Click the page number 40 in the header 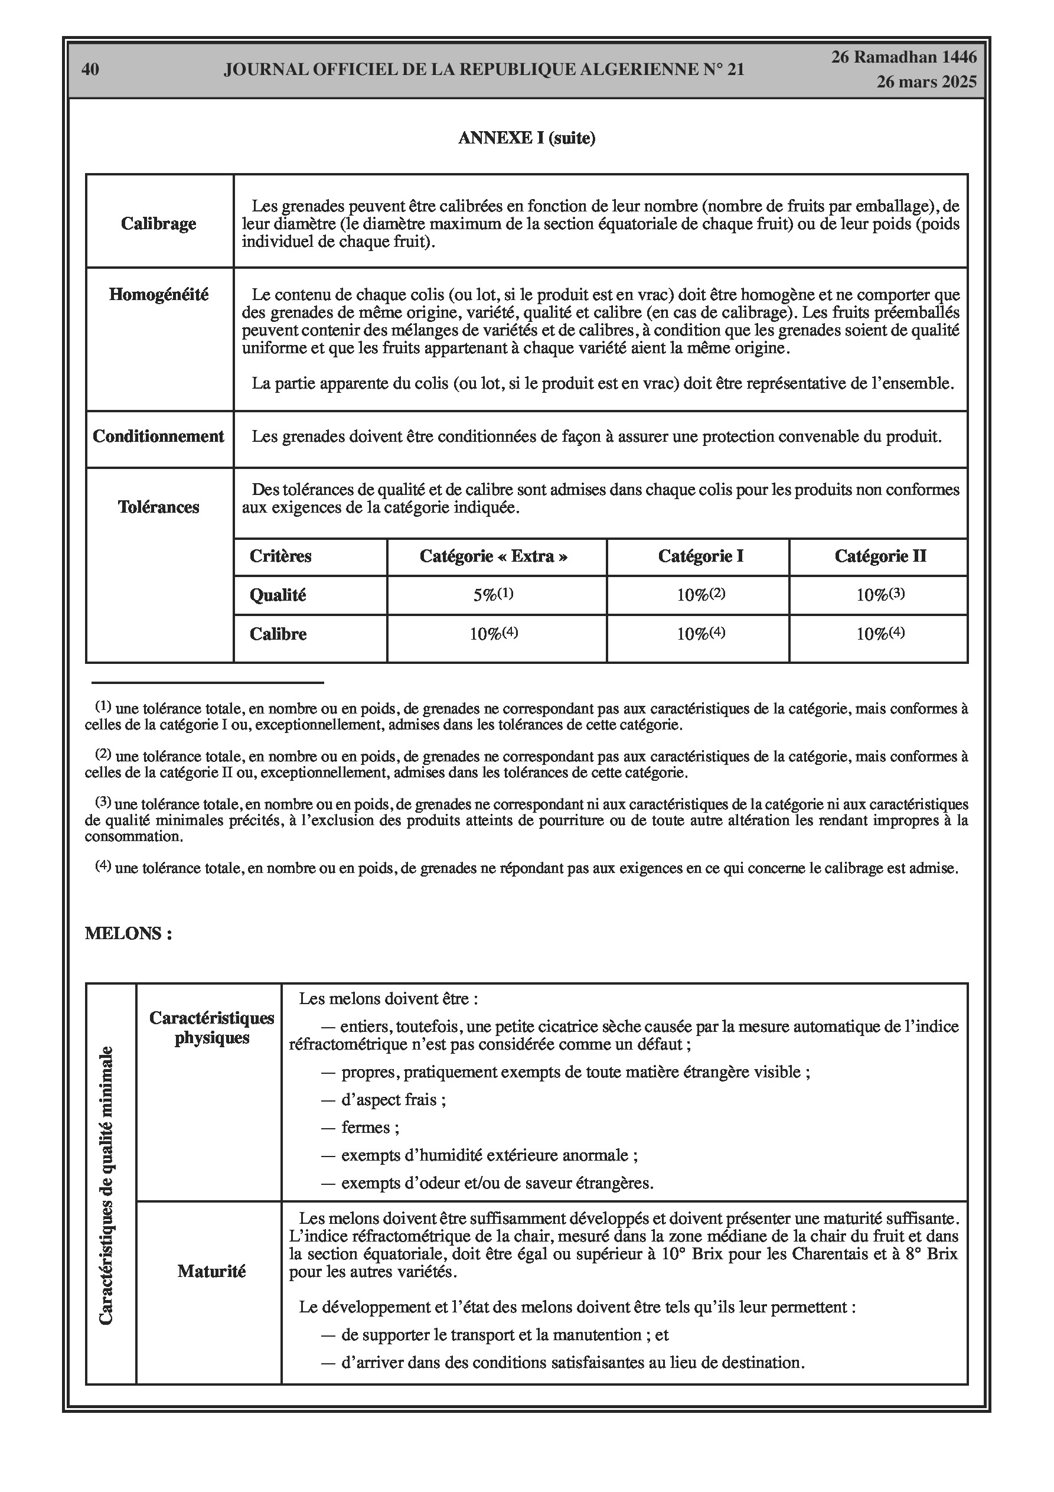click(x=90, y=70)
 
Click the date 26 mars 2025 click(x=926, y=82)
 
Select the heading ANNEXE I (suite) click(x=526, y=138)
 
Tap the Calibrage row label click(x=159, y=223)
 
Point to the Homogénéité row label click(x=159, y=294)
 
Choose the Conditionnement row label click(x=159, y=436)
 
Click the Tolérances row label click(x=159, y=507)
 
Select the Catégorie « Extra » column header click(x=494, y=556)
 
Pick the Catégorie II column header click(x=880, y=556)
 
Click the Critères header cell click(x=280, y=556)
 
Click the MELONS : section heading click(x=128, y=934)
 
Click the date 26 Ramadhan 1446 click(x=904, y=57)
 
